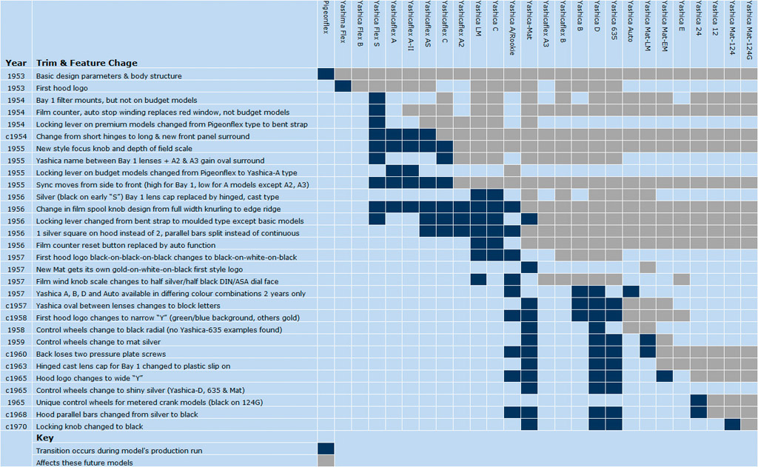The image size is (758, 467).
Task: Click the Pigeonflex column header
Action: coord(326,22)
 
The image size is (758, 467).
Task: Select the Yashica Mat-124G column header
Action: coord(749,30)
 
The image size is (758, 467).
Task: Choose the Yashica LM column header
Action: coord(477,22)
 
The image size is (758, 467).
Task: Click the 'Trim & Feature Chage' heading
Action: coord(87,63)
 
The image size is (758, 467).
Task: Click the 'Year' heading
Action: coord(16,63)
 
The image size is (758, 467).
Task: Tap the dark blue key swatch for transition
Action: coord(326,449)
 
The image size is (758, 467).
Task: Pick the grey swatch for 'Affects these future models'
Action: coord(326,461)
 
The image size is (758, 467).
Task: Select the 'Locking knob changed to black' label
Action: coord(90,426)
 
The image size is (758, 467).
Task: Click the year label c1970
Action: coord(16,426)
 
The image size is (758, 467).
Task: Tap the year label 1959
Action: coord(16,342)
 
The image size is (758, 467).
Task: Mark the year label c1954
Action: coord(16,135)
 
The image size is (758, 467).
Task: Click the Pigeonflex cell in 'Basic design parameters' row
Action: coord(326,75)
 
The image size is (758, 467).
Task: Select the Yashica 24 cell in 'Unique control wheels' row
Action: coord(697,402)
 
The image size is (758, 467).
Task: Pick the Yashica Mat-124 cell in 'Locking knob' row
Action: coord(732,426)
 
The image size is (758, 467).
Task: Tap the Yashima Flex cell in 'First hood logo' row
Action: coord(343,87)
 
